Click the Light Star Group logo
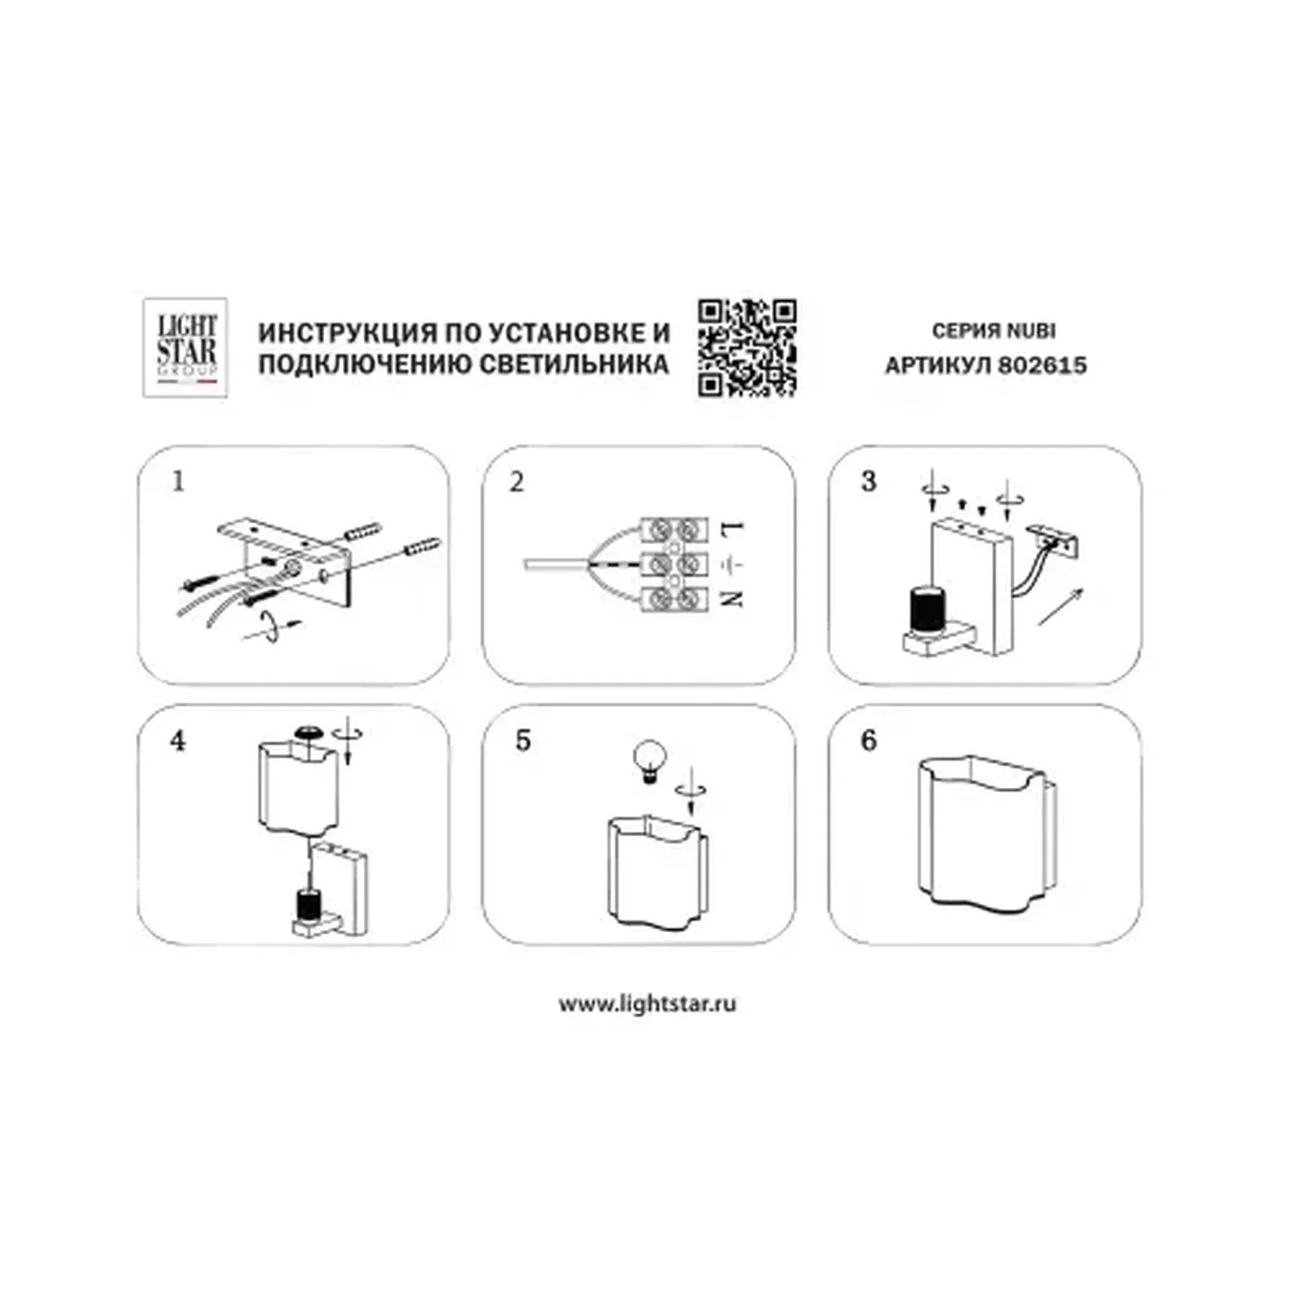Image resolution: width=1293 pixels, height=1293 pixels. [x=185, y=347]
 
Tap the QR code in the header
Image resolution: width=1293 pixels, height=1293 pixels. [x=746, y=347]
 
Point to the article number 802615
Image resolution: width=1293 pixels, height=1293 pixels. [x=1042, y=365]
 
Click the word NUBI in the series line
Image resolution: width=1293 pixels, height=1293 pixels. [x=1031, y=331]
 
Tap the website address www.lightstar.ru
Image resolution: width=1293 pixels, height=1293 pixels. [x=647, y=1004]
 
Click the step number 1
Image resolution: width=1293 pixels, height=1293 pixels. [x=178, y=481]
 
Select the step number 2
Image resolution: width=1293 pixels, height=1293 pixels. [x=516, y=482]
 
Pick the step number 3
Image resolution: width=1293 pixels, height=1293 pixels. [x=868, y=481]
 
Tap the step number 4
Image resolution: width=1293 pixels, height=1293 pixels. [x=177, y=741]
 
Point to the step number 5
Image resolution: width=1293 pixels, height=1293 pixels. [x=523, y=741]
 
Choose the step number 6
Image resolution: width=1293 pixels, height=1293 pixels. [x=868, y=741]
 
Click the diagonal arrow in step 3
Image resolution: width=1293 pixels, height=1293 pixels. [x=1061, y=607]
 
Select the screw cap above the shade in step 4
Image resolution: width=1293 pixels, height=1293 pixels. [x=308, y=731]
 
